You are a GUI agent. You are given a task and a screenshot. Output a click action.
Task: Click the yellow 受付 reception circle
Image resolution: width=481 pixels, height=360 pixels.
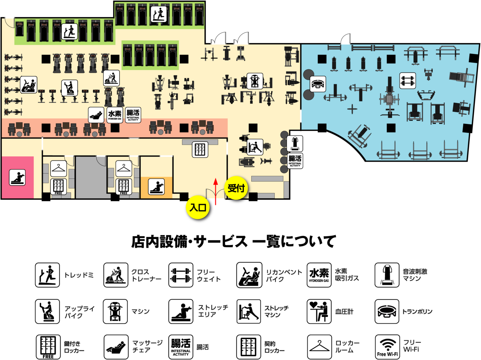(236, 188)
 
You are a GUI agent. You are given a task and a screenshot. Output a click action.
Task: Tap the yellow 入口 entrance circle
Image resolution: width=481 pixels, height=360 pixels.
(197, 207)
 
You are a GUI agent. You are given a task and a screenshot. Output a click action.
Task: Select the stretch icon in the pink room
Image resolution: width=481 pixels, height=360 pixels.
(17, 177)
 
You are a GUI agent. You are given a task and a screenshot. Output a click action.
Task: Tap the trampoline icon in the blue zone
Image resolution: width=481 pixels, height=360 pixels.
(318, 84)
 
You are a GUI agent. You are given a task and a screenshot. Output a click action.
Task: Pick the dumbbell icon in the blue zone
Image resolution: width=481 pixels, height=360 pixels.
(408, 81)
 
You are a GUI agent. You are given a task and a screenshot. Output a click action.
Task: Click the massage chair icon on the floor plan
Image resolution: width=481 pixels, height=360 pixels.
(96, 115)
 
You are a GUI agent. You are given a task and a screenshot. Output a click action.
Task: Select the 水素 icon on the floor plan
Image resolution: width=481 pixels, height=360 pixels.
(115, 115)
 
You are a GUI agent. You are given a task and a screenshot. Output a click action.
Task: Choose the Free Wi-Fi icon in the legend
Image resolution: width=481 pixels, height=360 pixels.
(387, 347)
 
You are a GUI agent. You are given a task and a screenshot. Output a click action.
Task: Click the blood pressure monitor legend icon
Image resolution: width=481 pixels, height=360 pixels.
(319, 311)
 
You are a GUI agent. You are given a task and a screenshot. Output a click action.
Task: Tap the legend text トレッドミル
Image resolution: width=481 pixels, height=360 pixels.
(82, 275)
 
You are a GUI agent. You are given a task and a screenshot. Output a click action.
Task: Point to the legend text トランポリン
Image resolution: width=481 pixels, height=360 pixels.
(417, 312)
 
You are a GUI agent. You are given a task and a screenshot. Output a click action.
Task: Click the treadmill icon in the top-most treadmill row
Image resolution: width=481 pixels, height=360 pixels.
(159, 14)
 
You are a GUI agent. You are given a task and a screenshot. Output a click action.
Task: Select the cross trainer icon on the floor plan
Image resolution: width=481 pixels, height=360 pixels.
(112, 78)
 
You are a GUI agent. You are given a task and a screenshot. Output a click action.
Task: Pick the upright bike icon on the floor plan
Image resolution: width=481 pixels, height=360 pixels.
(69, 88)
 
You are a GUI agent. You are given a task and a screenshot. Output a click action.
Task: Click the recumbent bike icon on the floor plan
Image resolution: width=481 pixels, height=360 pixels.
(29, 85)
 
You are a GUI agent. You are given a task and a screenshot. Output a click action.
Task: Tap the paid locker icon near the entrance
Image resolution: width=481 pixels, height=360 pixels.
(200, 149)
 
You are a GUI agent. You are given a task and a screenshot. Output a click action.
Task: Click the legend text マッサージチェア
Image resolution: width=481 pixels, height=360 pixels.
(147, 346)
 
